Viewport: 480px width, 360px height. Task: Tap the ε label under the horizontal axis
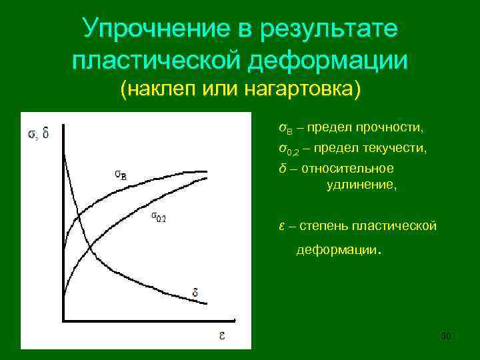[220, 334]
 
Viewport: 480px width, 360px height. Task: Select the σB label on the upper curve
[121, 175]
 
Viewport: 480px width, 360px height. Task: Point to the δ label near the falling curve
[195, 292]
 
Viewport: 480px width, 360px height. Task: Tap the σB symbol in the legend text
[283, 127]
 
